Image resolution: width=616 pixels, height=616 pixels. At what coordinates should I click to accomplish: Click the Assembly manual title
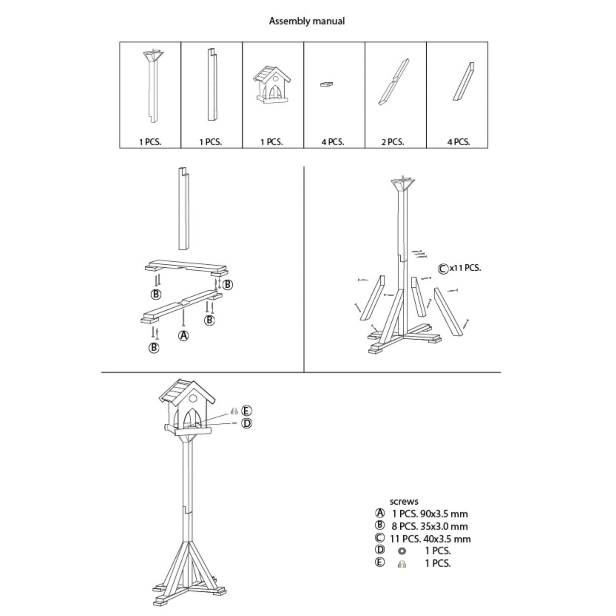click(x=307, y=21)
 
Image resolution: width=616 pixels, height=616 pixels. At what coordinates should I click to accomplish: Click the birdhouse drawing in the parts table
click(x=272, y=85)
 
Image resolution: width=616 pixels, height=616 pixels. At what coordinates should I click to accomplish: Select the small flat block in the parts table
click(x=326, y=84)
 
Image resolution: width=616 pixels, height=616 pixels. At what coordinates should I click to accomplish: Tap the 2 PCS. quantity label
click(x=392, y=142)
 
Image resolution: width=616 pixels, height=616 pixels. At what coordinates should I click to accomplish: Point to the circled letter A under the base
click(x=183, y=335)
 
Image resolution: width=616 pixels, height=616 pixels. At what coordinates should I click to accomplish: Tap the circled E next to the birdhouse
click(x=246, y=411)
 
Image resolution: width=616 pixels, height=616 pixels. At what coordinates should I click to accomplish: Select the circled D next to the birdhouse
click(x=246, y=423)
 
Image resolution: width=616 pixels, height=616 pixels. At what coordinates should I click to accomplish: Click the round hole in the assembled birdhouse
click(x=193, y=398)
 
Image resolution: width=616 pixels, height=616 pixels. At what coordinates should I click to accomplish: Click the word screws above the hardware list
click(x=404, y=501)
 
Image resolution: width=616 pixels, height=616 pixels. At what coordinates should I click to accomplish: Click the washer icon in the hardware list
click(x=402, y=551)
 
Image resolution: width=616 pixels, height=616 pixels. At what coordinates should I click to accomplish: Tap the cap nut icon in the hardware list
click(x=402, y=564)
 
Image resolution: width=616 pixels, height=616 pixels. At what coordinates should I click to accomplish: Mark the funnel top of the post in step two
click(x=402, y=184)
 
